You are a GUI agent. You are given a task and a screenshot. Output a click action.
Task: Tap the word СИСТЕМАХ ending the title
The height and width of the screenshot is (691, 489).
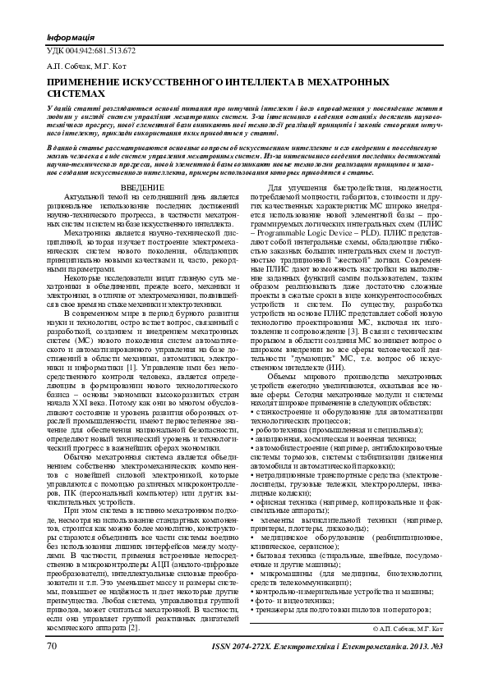pos(72,94)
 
